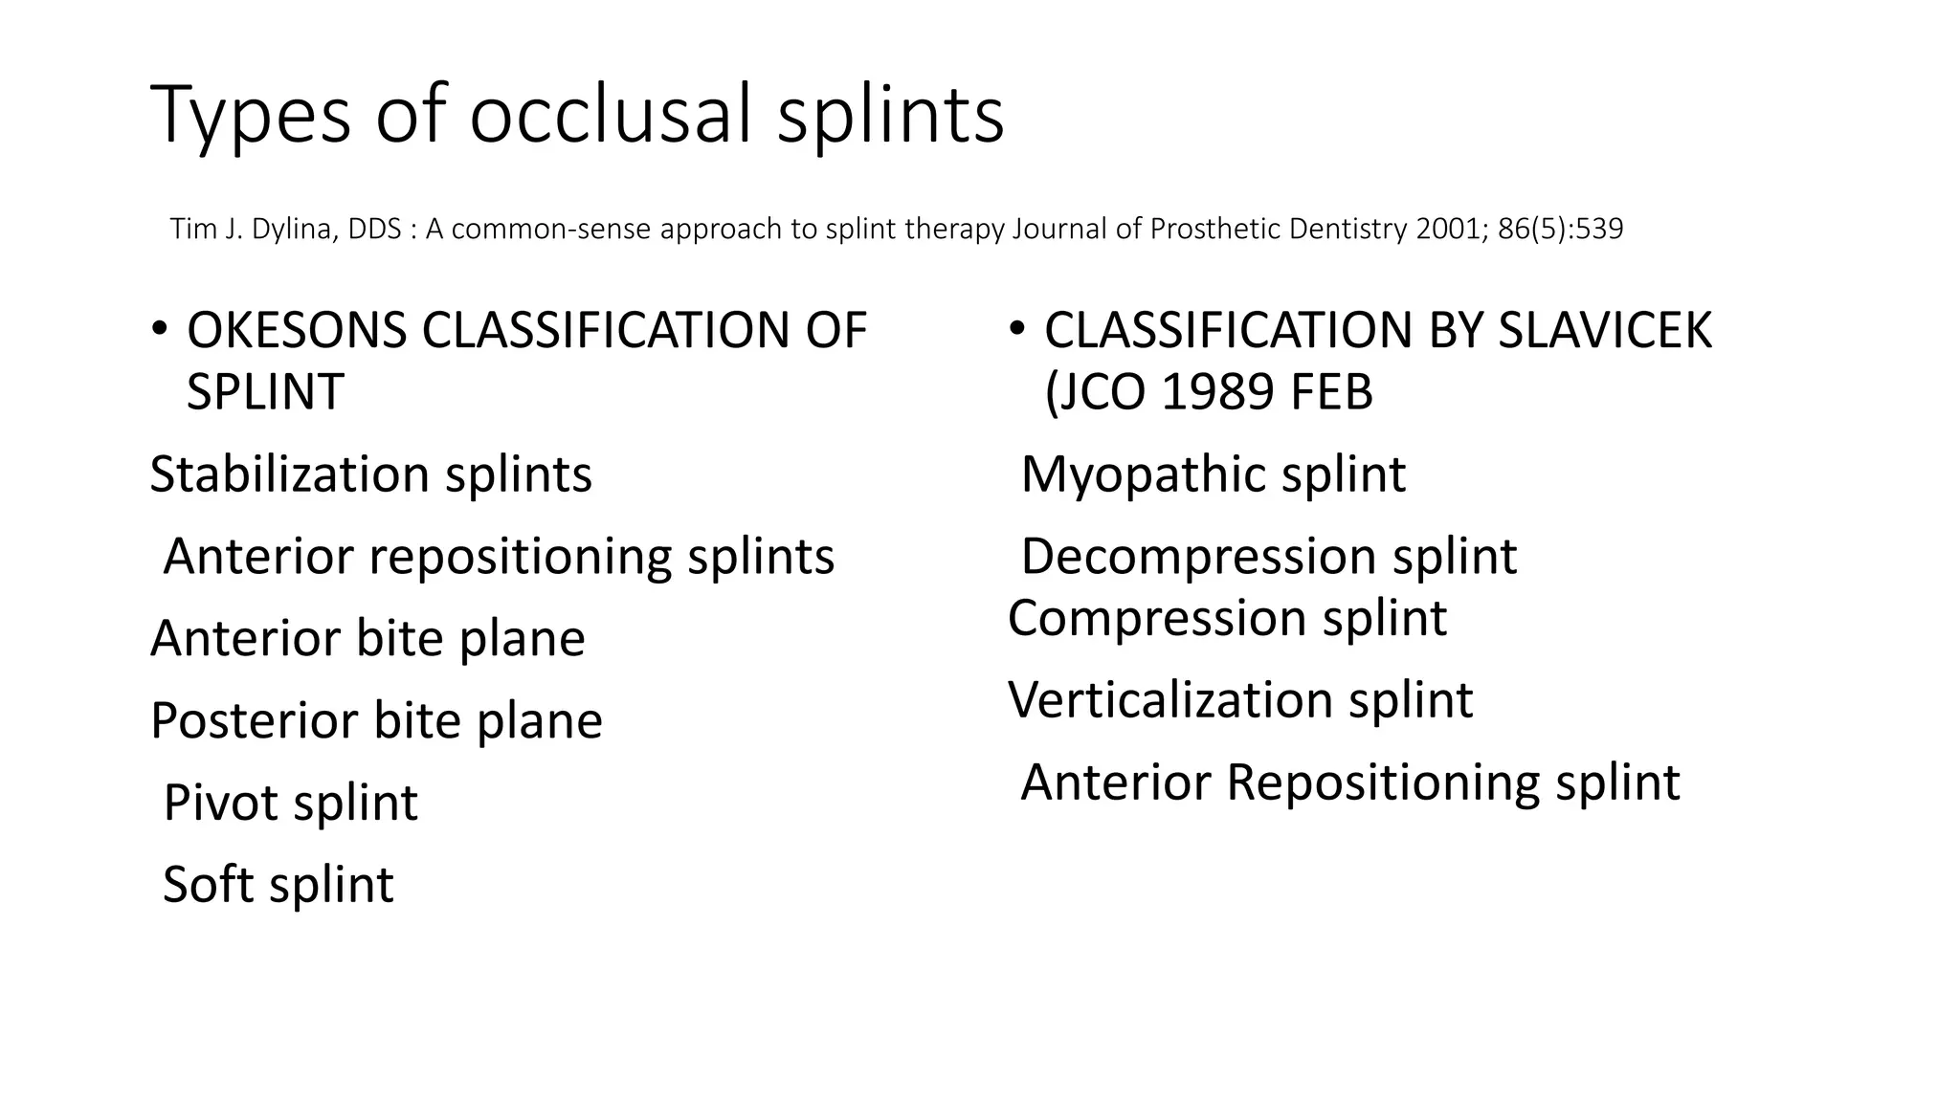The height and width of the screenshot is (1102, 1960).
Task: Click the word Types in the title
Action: click(x=251, y=115)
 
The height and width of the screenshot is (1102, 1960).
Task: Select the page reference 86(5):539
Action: click(x=1561, y=230)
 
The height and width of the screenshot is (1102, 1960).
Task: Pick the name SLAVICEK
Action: click(x=1605, y=331)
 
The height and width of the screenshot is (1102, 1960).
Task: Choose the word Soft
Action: click(x=209, y=885)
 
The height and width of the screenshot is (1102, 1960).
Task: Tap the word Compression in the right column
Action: click(x=1157, y=618)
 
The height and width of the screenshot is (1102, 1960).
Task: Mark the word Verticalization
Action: click(x=1170, y=700)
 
